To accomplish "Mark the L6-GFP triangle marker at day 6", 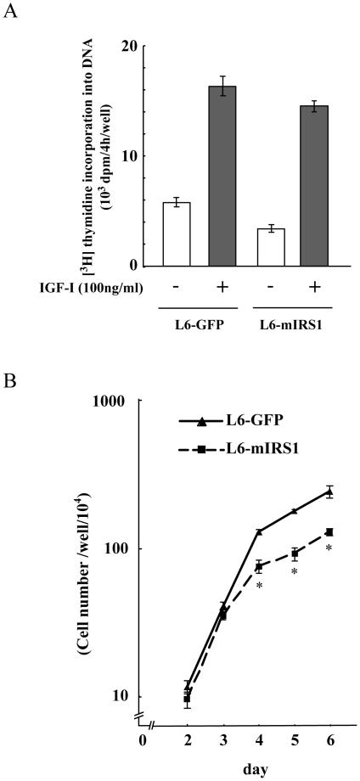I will [329, 492].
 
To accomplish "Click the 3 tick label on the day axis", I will [222, 739].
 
